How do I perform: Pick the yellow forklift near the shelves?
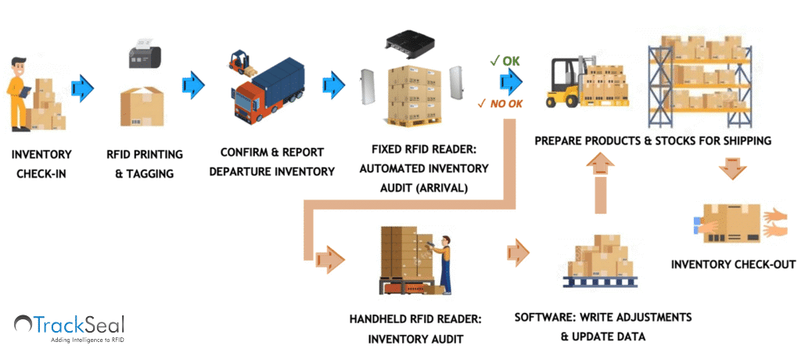coord(566,81)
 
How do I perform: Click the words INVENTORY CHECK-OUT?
coord(733,265)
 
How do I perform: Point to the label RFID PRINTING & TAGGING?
coord(145,164)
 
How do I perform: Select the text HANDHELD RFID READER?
coord(415,319)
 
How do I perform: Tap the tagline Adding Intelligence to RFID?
coord(87,339)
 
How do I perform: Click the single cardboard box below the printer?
coord(142,107)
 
